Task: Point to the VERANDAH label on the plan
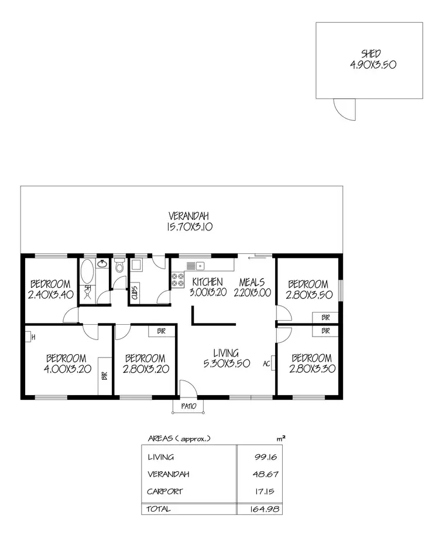tap(188, 215)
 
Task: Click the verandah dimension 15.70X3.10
tap(188, 226)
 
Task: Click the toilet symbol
tap(119, 267)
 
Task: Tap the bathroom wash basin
tap(102, 264)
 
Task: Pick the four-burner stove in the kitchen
tap(177, 280)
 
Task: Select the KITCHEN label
tap(207, 282)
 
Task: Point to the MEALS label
tap(252, 282)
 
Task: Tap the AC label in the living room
tap(266, 363)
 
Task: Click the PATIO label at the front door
tap(188, 406)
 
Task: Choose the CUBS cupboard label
tap(135, 293)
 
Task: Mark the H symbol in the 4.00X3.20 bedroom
tap(33, 337)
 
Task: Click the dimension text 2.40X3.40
tap(50, 294)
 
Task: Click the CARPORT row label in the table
tap(165, 491)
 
